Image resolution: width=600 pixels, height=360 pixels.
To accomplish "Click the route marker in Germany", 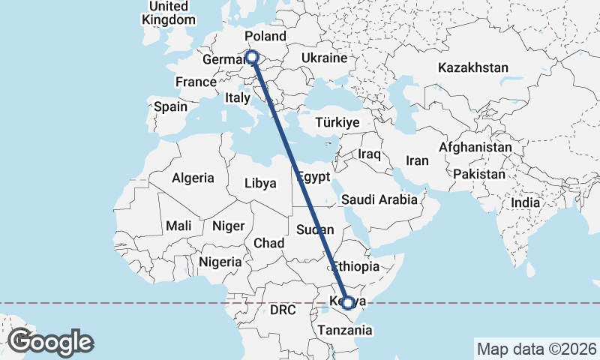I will click(252, 57).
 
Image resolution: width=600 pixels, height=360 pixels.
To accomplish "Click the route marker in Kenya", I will click(348, 303).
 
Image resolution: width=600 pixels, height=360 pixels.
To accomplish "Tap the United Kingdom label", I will click(169, 13).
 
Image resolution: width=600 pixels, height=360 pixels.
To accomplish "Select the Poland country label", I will click(265, 36).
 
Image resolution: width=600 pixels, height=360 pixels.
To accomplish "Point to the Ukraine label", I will click(324, 58).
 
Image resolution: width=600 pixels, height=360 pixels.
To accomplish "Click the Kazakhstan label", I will click(473, 67).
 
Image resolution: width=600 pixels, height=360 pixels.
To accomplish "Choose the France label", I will click(196, 82).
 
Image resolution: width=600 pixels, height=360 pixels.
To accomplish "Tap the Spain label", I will click(170, 106).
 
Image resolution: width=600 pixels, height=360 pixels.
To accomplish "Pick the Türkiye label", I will click(338, 122).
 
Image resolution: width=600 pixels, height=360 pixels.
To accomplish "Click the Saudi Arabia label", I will click(379, 200).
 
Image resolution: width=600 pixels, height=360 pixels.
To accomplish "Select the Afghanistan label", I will click(475, 148).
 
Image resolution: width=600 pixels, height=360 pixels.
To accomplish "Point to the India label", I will click(526, 202).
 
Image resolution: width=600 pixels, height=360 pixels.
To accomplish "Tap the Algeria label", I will click(193, 178).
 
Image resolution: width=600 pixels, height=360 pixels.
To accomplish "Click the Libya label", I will click(261, 183).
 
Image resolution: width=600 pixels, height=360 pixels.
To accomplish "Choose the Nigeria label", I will click(220, 262).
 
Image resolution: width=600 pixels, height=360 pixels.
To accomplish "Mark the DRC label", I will click(283, 310).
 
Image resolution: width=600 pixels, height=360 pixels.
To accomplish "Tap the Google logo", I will click(51, 341).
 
